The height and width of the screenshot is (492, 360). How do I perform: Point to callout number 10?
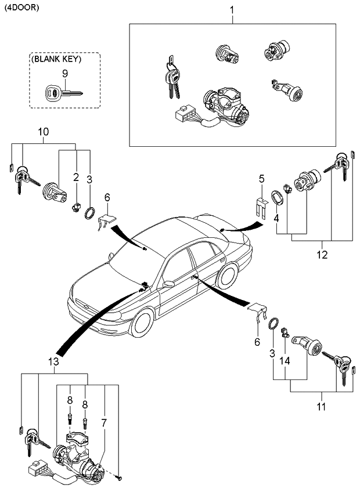pos(44,133)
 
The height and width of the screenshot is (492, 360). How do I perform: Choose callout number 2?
pos(76,177)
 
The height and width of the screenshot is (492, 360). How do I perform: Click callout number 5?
pos(261,178)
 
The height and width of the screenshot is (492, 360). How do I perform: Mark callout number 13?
pos(53,362)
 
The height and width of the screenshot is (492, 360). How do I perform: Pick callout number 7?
pos(103,423)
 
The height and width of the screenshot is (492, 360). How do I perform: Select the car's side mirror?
pos(168,284)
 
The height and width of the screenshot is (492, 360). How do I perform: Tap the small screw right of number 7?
pos(118,477)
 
